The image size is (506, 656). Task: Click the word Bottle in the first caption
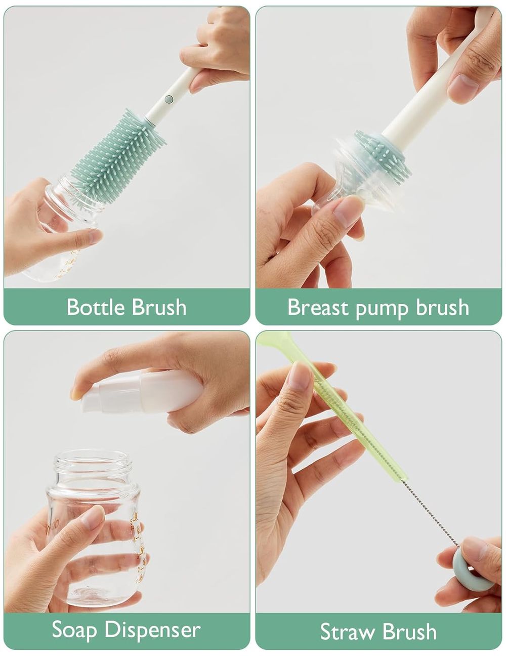click(96, 307)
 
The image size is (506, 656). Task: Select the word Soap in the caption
click(75, 630)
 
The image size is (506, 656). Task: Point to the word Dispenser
click(152, 630)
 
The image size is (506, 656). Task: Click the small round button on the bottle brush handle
click(169, 99)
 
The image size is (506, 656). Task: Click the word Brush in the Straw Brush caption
click(409, 632)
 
